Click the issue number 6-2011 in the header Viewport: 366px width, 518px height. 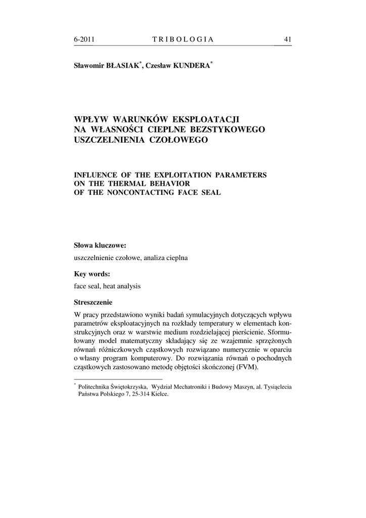pos(84,39)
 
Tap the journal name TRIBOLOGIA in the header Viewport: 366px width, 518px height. pos(182,39)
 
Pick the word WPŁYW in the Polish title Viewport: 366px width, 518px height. pos(91,120)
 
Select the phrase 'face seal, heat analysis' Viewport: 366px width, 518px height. pos(107,286)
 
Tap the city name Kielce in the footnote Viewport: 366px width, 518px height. pos(158,395)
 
